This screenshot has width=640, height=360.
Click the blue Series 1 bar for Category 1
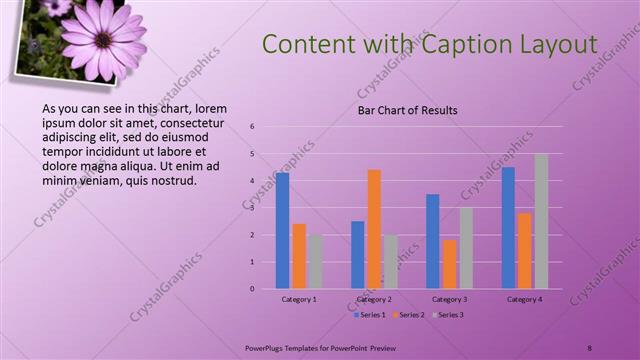[282, 230]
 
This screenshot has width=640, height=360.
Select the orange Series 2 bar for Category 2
[374, 229]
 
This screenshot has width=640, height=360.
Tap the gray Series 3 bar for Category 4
[541, 221]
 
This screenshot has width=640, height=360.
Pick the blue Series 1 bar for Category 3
[432, 241]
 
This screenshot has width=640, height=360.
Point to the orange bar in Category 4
[525, 250]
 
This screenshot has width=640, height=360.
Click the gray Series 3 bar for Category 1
[315, 261]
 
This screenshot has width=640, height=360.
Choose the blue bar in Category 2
[357, 254]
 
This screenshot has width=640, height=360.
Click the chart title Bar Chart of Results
[408, 110]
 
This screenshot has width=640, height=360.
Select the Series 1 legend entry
[371, 314]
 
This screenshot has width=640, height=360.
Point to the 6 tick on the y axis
[253, 127]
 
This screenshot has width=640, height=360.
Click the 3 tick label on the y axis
[253, 208]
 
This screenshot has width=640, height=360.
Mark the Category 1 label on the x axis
[299, 299]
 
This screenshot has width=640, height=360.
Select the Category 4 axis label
[525, 299]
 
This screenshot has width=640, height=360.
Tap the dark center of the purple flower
[103, 40]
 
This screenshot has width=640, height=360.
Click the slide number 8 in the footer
[589, 347]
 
